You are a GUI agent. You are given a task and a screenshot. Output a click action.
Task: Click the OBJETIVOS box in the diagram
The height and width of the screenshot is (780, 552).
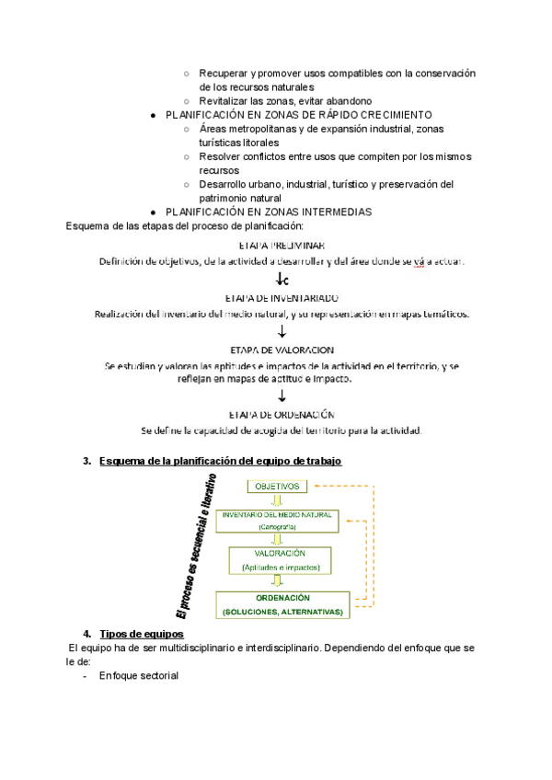click(277, 487)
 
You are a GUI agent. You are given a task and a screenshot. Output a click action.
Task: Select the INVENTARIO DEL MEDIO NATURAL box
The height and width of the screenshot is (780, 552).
click(277, 521)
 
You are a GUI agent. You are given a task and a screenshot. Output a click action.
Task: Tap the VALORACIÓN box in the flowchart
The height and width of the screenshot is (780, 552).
click(281, 560)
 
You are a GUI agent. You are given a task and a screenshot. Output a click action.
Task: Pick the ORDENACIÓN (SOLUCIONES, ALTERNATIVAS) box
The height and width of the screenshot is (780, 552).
click(282, 604)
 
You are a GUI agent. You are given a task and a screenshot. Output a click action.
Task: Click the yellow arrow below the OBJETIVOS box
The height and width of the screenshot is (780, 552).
click(277, 501)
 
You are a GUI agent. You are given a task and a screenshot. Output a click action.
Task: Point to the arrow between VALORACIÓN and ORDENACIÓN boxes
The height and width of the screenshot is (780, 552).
click(279, 581)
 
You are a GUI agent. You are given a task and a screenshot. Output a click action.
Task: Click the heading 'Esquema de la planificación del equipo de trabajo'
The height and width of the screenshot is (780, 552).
click(220, 461)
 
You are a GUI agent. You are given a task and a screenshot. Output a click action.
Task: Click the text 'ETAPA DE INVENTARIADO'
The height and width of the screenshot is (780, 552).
click(282, 298)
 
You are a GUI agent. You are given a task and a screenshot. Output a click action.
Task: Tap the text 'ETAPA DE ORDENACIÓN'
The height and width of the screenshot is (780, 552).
click(282, 415)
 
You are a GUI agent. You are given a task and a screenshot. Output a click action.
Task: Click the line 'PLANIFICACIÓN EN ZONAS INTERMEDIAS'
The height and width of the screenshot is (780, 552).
click(268, 212)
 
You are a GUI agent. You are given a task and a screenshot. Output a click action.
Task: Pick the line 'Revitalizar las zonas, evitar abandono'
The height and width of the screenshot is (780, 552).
click(285, 101)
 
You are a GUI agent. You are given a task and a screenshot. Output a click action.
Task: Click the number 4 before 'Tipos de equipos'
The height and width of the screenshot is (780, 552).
click(86, 635)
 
